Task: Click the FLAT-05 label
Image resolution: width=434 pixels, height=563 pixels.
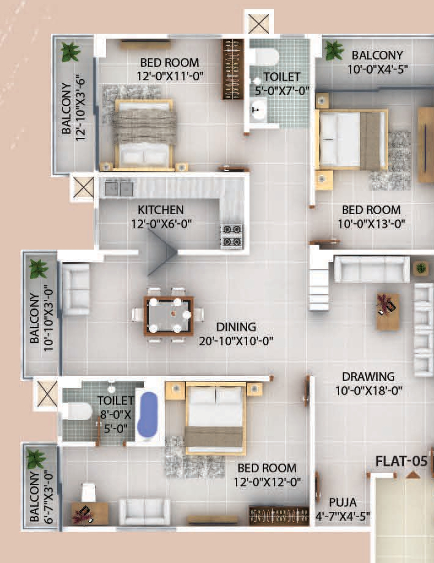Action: (401, 461)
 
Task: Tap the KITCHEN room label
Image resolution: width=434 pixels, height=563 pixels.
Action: (161, 209)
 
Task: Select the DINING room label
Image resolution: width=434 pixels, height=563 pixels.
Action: (236, 327)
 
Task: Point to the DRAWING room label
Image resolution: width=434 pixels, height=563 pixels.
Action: (368, 377)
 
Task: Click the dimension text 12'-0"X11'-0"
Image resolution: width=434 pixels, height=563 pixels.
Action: (169, 76)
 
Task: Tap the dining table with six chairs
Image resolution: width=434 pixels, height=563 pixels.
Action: (169, 315)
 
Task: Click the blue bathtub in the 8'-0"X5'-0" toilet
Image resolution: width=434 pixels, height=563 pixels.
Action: (148, 415)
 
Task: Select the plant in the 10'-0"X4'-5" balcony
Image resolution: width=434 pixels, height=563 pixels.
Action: (334, 50)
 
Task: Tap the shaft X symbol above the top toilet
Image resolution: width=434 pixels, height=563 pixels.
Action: (257, 23)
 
